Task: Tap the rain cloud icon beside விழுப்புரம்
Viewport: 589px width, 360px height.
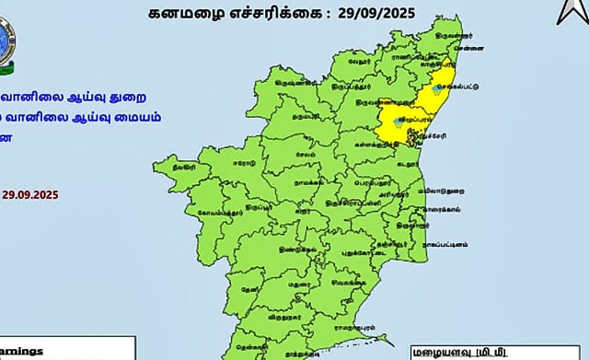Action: coord(397,122)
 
